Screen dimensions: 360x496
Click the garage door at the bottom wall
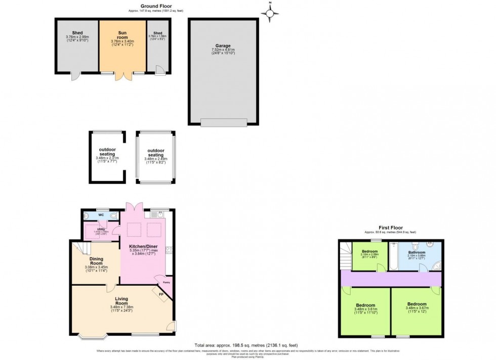pyautogui.click(x=224, y=122)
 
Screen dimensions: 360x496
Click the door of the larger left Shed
pyautogui.click(x=75, y=77)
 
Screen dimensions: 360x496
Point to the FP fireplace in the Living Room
pyautogui.click(x=161, y=294)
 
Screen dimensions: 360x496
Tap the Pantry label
pyautogui.click(x=167, y=283)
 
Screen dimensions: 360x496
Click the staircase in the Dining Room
pyautogui.click(x=79, y=247)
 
